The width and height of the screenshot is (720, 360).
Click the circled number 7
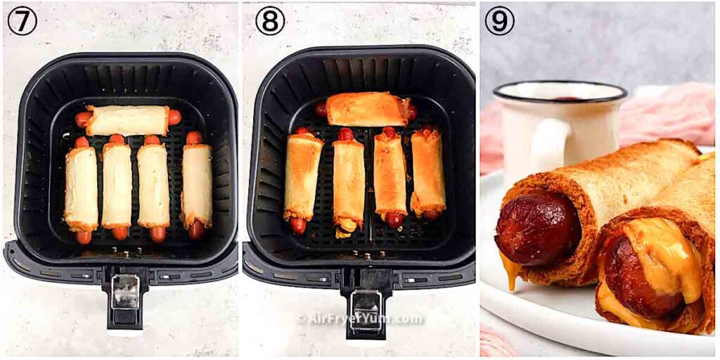tap(22, 21)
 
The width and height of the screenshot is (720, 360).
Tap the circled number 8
tap(270, 21)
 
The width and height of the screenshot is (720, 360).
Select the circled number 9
tap(499, 21)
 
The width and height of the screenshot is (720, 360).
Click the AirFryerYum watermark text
tap(360, 319)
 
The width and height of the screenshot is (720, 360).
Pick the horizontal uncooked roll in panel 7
tap(127, 120)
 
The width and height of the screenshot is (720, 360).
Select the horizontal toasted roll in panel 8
tap(368, 109)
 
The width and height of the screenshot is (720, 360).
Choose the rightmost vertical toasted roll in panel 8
tap(427, 172)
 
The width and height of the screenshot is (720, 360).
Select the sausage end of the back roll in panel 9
tap(536, 229)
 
